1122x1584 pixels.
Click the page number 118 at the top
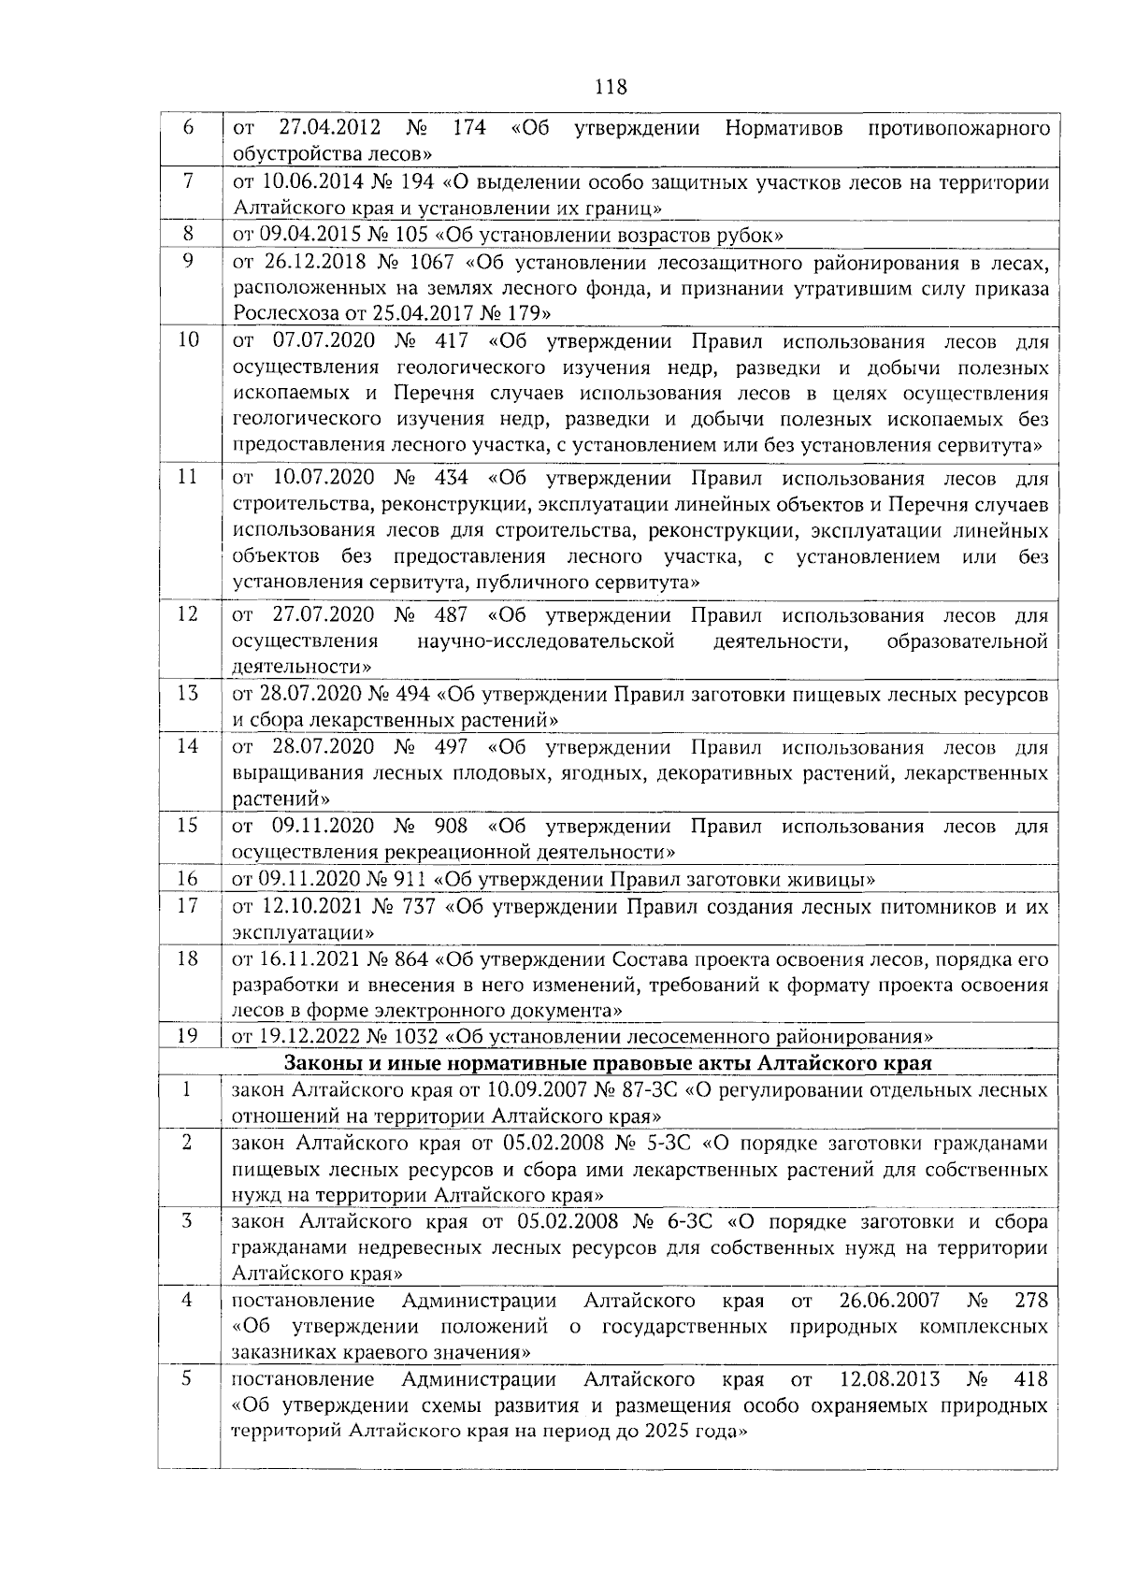click(x=611, y=88)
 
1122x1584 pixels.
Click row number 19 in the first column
click(x=188, y=1035)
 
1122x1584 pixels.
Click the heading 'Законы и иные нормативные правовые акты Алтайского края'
click(x=608, y=1063)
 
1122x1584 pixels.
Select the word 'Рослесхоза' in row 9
click(x=279, y=312)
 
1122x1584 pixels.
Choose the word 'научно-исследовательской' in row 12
click(x=545, y=641)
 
